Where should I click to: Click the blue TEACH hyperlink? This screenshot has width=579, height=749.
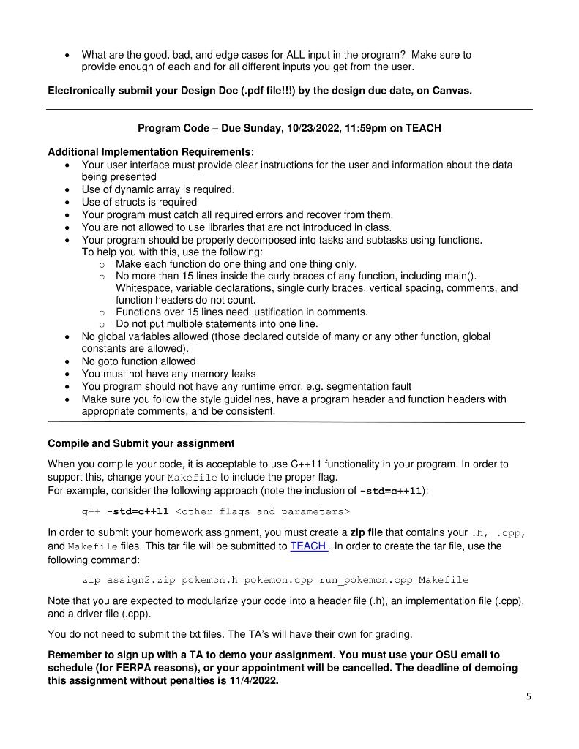pos(307,546)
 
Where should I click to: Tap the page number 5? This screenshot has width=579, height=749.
pos(528,696)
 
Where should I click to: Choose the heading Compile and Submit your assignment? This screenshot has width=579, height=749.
pos(141,443)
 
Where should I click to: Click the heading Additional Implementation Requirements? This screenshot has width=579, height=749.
pos(150,152)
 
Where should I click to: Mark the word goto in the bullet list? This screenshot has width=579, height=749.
pos(113,361)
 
